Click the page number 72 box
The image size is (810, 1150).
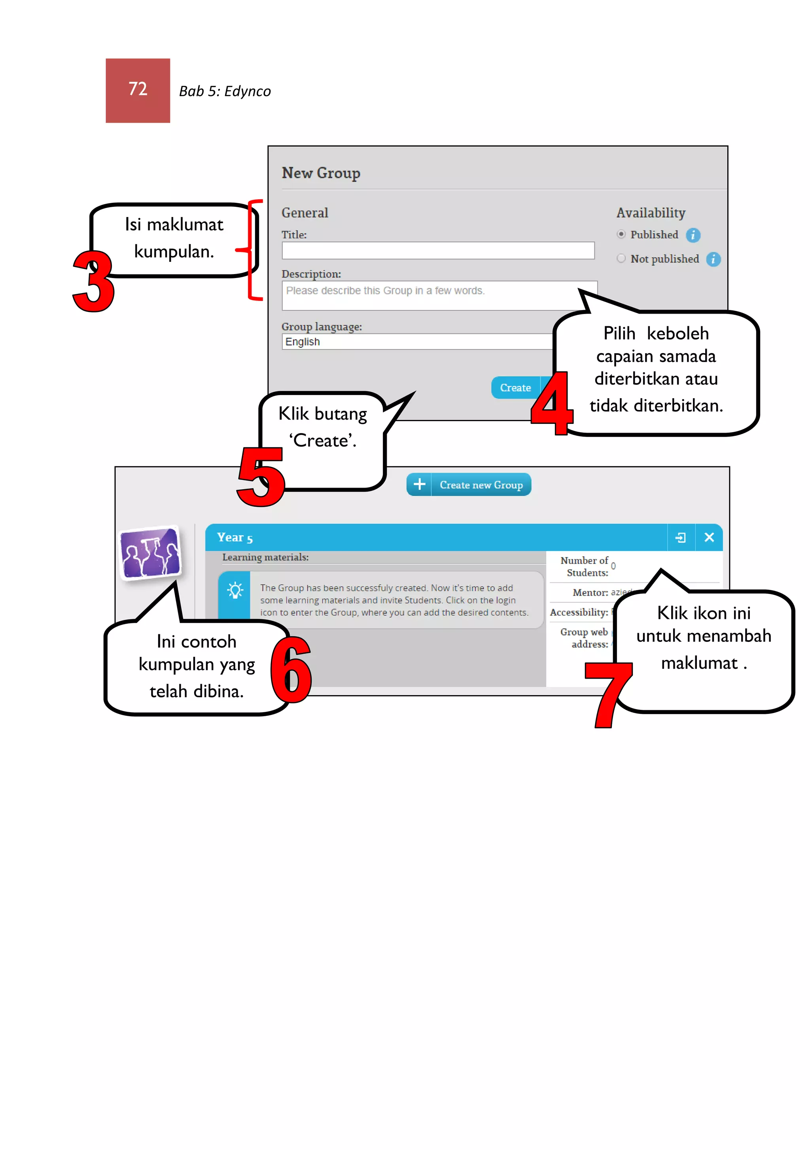[x=138, y=91]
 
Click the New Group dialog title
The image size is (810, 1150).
[x=321, y=173]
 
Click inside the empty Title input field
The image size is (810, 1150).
[x=437, y=250]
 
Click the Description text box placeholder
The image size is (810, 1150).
[x=385, y=291]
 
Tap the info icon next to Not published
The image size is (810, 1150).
[x=713, y=259]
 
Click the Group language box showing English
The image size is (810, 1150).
[x=416, y=342]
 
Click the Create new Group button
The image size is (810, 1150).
[x=468, y=484]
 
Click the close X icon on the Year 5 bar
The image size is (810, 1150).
[x=708, y=537]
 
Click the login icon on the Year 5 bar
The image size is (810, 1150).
[x=680, y=537]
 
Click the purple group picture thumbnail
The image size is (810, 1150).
[x=150, y=552]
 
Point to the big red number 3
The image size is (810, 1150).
[x=94, y=282]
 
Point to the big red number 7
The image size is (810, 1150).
[x=607, y=694]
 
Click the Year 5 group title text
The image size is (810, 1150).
[x=235, y=537]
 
